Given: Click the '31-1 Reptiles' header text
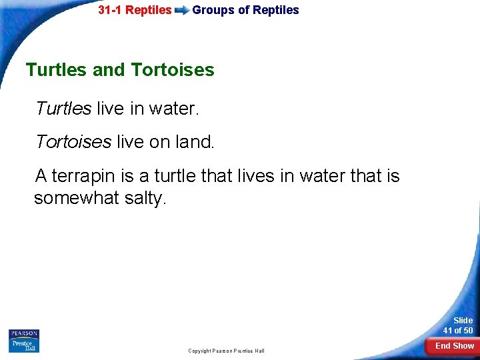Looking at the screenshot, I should [x=135, y=10].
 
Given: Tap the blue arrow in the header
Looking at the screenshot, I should [x=181, y=11].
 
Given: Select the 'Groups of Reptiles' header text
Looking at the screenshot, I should [x=245, y=10].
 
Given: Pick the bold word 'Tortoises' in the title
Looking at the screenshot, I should [x=173, y=70].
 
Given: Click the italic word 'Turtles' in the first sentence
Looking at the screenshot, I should [x=63, y=108].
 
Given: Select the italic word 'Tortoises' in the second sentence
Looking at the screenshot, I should [x=73, y=141].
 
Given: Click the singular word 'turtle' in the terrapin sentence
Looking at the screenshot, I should [x=175, y=176].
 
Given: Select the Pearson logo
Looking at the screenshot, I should [x=24, y=333].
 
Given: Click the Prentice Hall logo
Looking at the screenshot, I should [x=24, y=345].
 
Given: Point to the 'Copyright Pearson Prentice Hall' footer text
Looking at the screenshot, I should [x=226, y=351].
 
